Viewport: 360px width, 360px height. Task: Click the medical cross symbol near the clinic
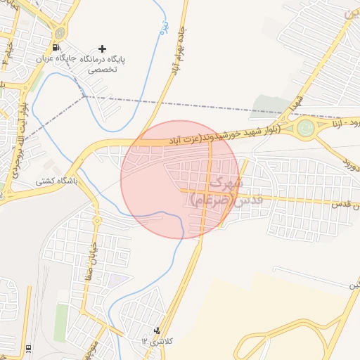[103, 49]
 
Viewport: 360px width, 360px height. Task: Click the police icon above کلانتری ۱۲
[157, 329]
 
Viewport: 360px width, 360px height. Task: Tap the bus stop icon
[27, 348]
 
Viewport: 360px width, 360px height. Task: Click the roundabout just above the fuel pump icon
[60, 32]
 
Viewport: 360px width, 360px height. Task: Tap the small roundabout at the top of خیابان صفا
[97, 221]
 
